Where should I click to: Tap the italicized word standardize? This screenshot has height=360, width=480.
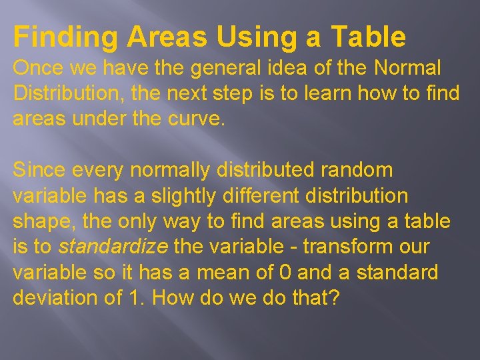(113, 247)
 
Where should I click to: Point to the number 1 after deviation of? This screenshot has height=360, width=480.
(132, 297)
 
